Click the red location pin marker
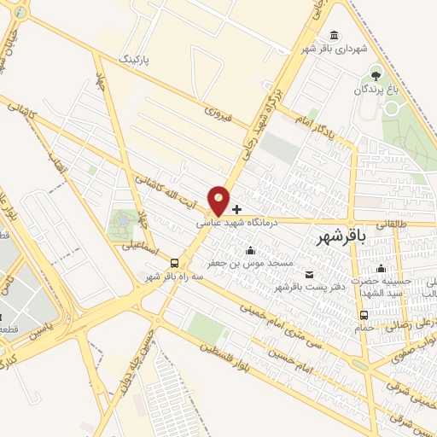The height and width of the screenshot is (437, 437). click(219, 201)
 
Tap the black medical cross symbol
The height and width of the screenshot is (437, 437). click(236, 208)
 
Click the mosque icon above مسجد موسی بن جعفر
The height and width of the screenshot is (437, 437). click(250, 251)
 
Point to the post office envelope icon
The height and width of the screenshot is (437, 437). click(308, 274)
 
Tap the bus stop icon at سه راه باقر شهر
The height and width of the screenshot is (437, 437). click(175, 263)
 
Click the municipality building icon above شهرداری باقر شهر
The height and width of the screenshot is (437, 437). click(332, 35)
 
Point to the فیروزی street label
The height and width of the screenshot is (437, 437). click(218, 114)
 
